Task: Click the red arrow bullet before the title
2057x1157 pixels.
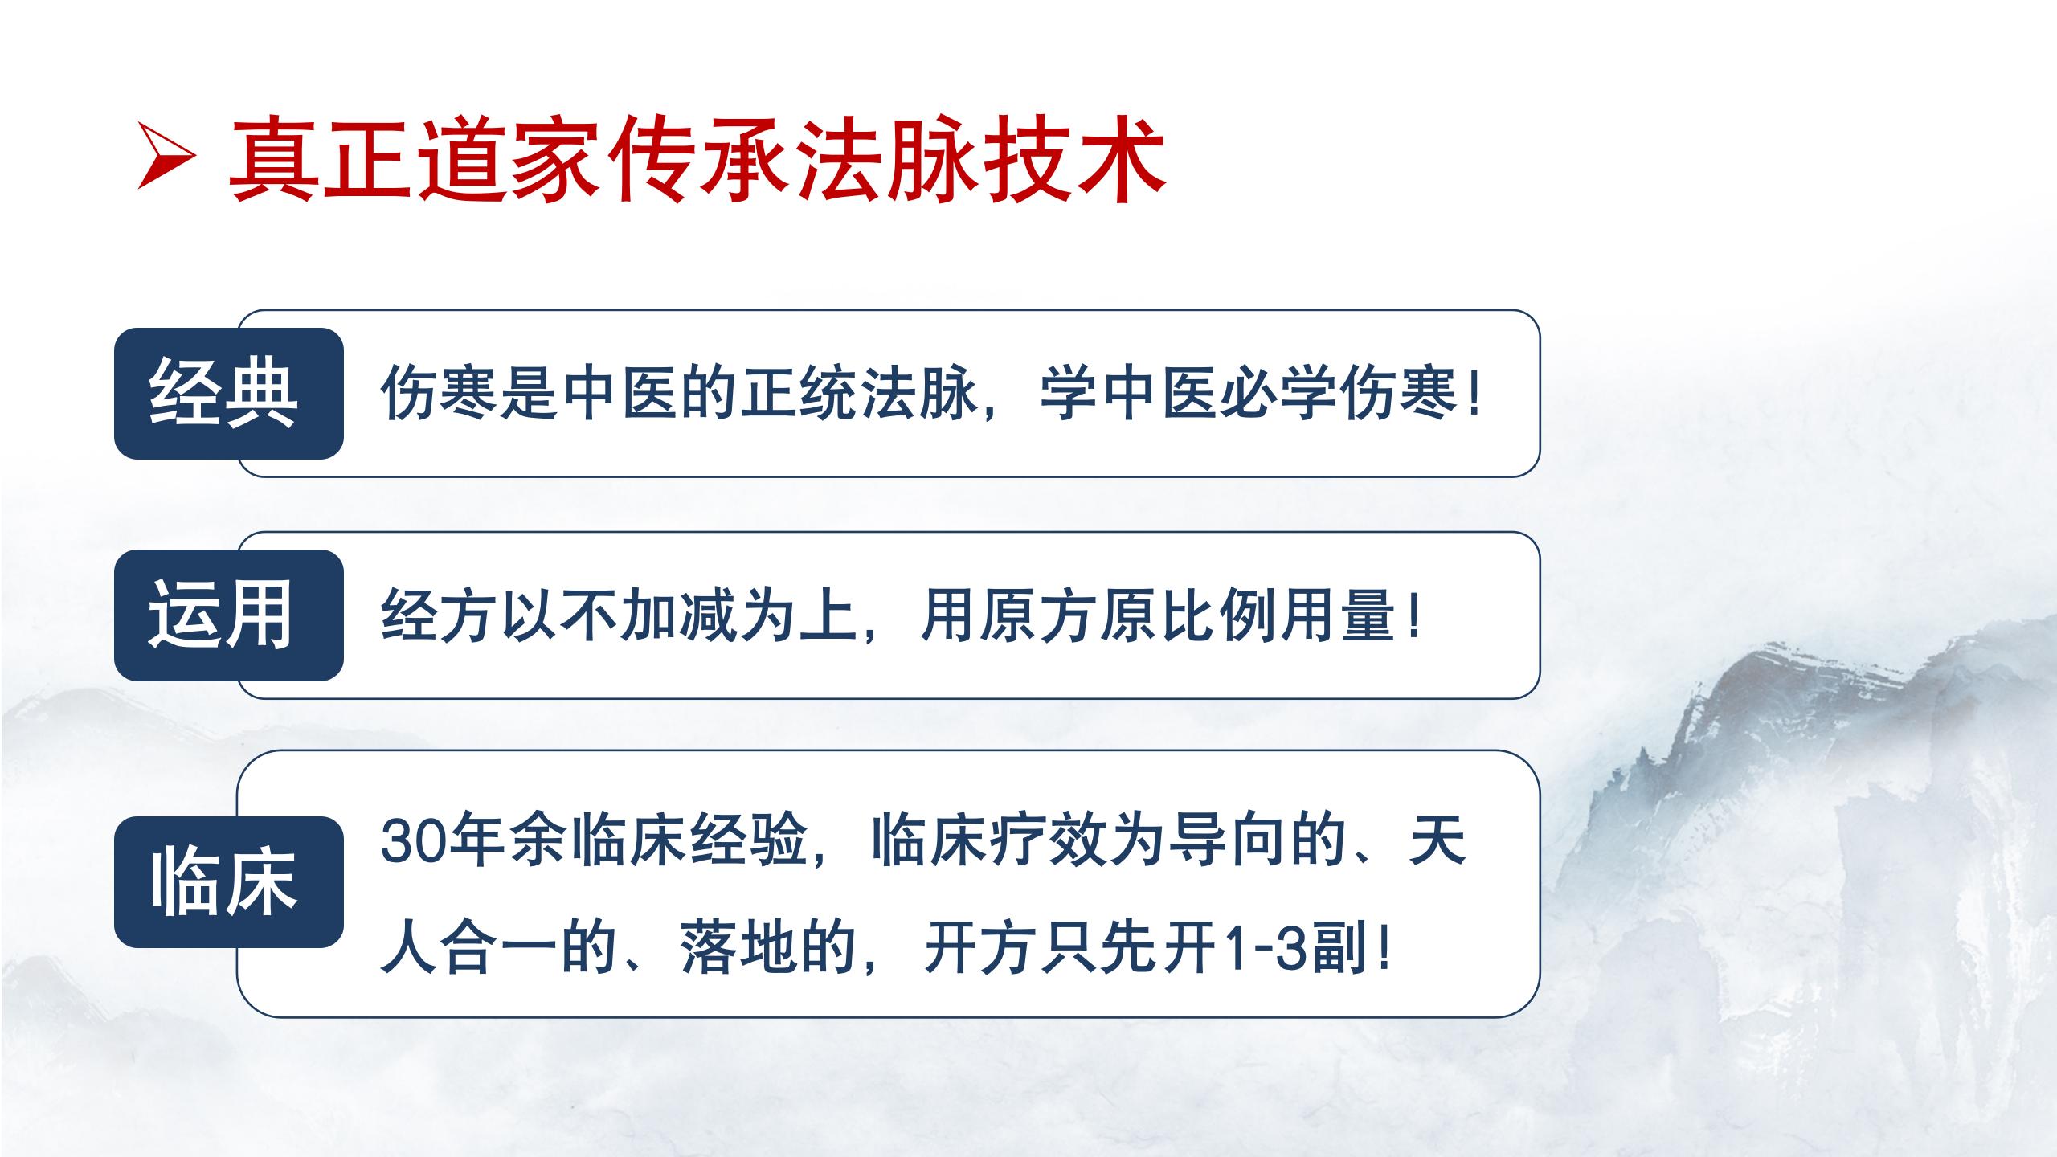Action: pyautogui.click(x=166, y=155)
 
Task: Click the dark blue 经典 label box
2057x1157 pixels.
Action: pyautogui.click(x=228, y=393)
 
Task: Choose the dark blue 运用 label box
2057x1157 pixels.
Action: pyautogui.click(x=228, y=615)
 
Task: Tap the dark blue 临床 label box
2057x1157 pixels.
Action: pyautogui.click(x=228, y=881)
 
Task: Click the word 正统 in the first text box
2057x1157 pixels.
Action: pyautogui.click(x=799, y=394)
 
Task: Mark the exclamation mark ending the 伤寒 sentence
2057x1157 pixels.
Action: pyautogui.click(x=1472, y=394)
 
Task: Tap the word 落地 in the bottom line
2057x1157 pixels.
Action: pyautogui.click(x=739, y=950)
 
